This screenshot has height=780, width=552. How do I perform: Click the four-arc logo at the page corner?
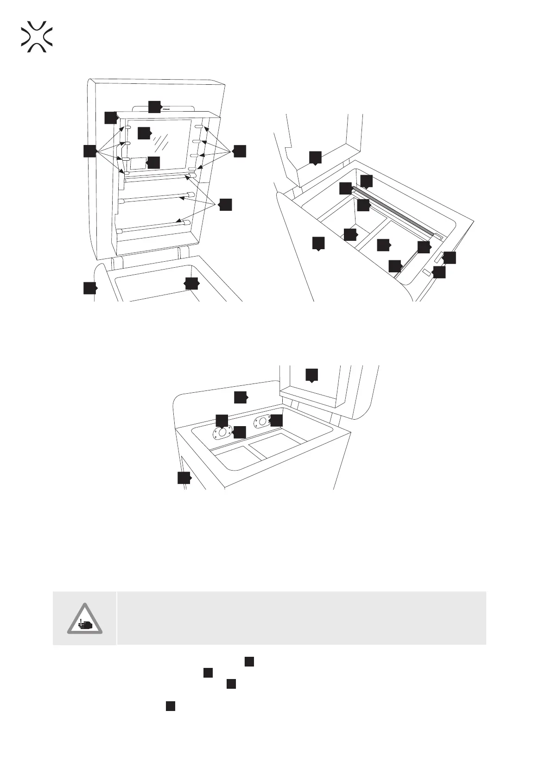37,36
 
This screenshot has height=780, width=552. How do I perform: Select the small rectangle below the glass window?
138,163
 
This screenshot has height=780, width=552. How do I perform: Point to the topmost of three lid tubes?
158,178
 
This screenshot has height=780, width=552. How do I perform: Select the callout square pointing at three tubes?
225,205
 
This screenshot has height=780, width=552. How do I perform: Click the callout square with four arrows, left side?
90,151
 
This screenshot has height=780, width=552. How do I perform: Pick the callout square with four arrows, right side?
240,151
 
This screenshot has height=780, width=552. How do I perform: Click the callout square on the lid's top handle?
154,107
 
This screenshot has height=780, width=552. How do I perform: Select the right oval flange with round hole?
261,422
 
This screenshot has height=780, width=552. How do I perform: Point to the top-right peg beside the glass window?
199,126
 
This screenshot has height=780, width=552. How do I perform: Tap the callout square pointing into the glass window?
144,132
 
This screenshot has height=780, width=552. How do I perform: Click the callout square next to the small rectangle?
153,163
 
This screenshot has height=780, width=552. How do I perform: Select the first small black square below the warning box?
249,661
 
